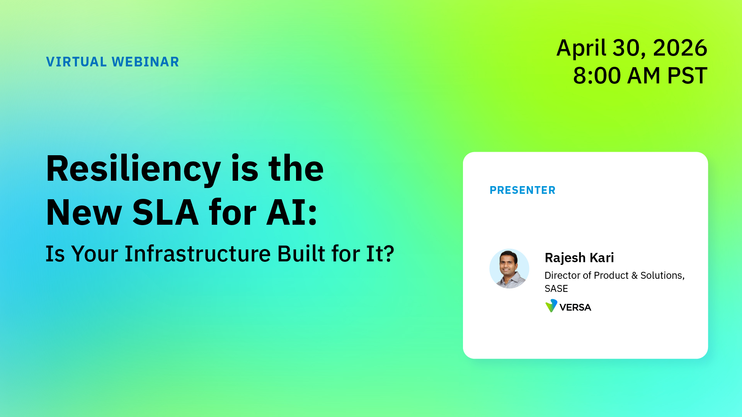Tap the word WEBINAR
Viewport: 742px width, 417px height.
[145, 62]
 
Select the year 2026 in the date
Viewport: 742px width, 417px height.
[680, 48]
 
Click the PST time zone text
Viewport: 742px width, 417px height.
[687, 75]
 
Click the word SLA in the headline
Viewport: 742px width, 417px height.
[165, 213]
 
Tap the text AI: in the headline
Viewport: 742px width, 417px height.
[292, 213]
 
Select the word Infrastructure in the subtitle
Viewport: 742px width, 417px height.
[197, 254]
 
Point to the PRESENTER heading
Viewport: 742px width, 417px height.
[522, 190]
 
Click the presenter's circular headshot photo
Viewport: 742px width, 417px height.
[509, 269]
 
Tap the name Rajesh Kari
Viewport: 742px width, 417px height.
[579, 258]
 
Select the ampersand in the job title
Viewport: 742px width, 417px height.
[634, 276]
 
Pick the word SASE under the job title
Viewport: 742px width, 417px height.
[556, 289]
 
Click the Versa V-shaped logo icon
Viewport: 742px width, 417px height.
[551, 306]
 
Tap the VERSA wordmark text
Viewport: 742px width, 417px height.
[575, 307]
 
